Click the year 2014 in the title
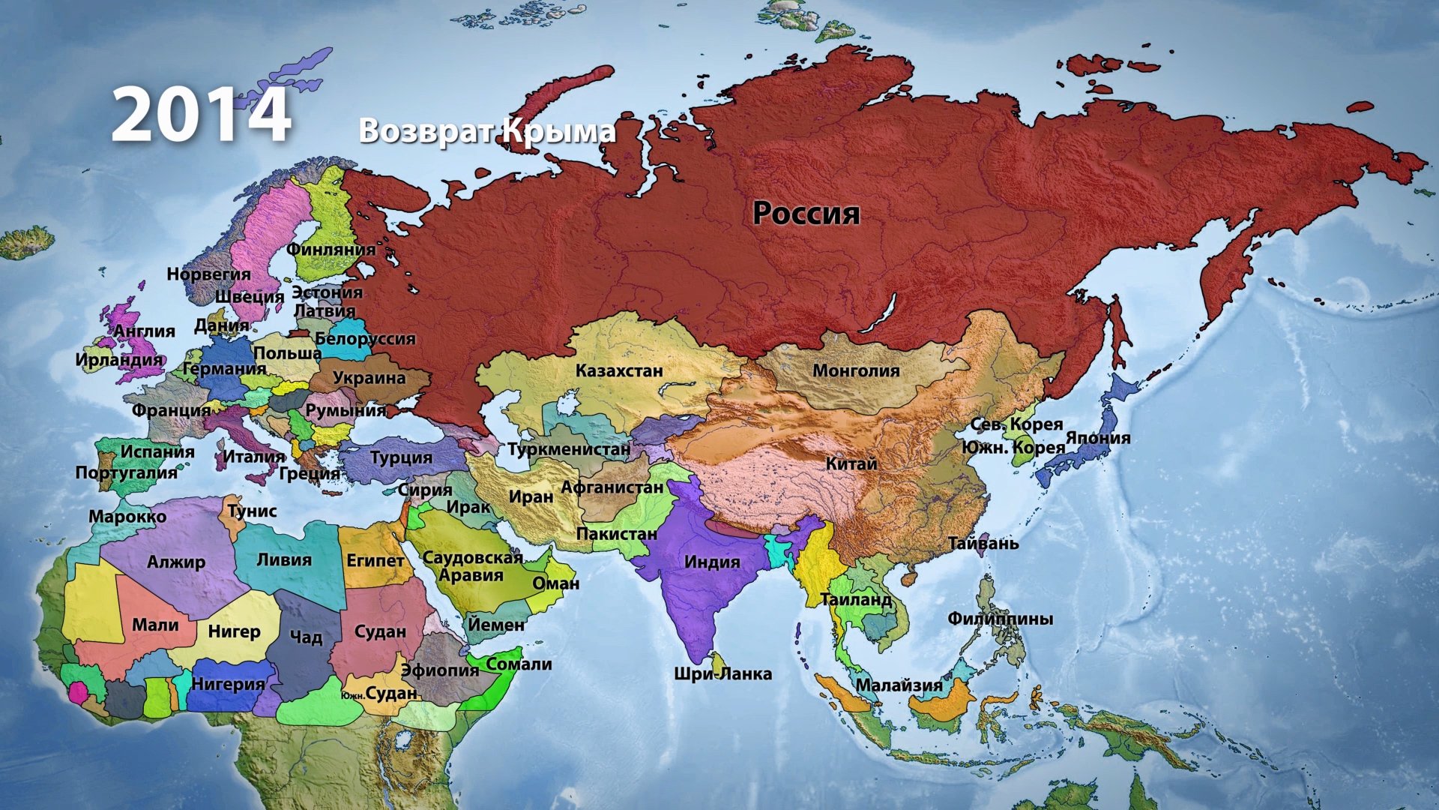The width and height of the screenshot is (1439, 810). point(201,115)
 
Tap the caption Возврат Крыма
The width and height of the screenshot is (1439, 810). point(487,130)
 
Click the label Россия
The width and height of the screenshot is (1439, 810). point(806,213)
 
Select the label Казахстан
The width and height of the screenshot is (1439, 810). point(619,370)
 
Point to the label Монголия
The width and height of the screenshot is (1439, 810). point(856,370)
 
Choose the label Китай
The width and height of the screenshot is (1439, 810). point(851,463)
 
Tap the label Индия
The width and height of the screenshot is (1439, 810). point(712,562)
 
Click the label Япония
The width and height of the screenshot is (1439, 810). point(1097,437)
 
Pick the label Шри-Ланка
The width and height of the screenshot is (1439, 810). point(722,673)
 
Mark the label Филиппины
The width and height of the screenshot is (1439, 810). point(1000,619)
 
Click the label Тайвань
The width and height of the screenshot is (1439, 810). point(983,543)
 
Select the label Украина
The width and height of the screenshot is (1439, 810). point(369,378)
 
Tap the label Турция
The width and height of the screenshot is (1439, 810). point(401,457)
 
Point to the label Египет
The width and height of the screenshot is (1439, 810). point(375,560)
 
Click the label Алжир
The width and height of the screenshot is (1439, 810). point(176,562)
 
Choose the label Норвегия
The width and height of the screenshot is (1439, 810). point(208,274)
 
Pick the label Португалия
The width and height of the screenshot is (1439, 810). point(126,472)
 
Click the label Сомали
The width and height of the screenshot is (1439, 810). point(519,664)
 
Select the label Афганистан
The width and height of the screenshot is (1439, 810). point(612,487)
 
